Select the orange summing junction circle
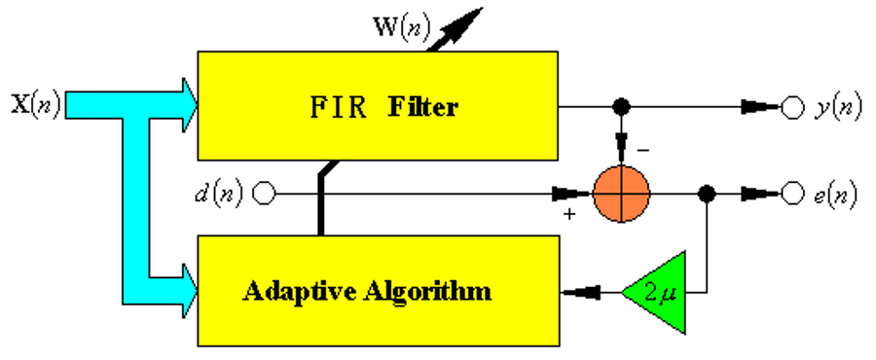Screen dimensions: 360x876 620,194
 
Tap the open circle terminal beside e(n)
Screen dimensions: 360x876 792,194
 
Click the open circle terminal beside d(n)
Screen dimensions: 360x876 264,194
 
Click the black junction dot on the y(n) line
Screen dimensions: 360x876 620,106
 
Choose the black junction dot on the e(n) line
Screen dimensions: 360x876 708,194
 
